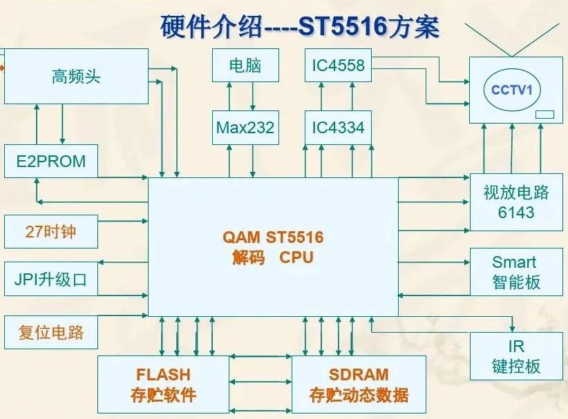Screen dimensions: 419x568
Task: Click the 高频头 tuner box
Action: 76,76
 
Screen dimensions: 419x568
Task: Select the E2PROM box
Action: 51,162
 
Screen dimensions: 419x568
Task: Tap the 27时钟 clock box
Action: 51,232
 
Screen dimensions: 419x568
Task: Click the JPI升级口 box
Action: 51,280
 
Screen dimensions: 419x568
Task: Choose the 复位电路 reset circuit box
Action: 51,332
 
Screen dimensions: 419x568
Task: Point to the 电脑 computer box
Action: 245,66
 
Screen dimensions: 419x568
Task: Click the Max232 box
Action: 245,128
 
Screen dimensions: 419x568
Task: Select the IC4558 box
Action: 338,66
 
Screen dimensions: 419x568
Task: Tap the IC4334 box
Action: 338,128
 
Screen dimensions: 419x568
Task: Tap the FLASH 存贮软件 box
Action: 163,384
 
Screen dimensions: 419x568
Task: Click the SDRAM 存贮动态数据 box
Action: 359,384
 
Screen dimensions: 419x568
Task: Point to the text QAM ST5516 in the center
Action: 273,237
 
